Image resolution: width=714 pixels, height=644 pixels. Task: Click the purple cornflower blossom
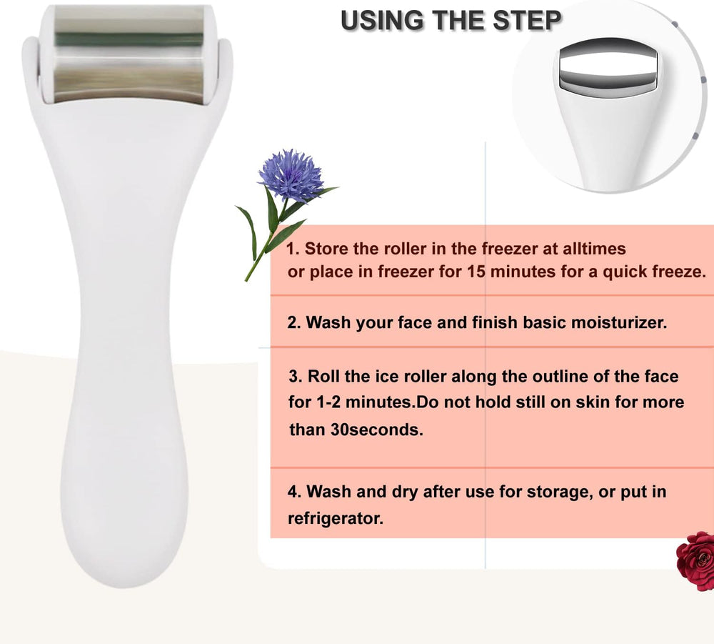click(291, 174)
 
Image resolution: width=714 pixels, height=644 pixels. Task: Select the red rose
click(696, 559)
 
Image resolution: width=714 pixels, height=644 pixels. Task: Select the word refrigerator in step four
click(335, 519)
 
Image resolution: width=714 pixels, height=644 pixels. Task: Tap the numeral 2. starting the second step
click(294, 322)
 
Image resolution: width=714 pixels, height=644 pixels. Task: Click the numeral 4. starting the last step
click(294, 492)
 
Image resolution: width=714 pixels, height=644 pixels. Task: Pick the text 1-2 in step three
click(331, 402)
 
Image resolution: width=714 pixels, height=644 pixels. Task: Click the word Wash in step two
click(328, 322)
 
